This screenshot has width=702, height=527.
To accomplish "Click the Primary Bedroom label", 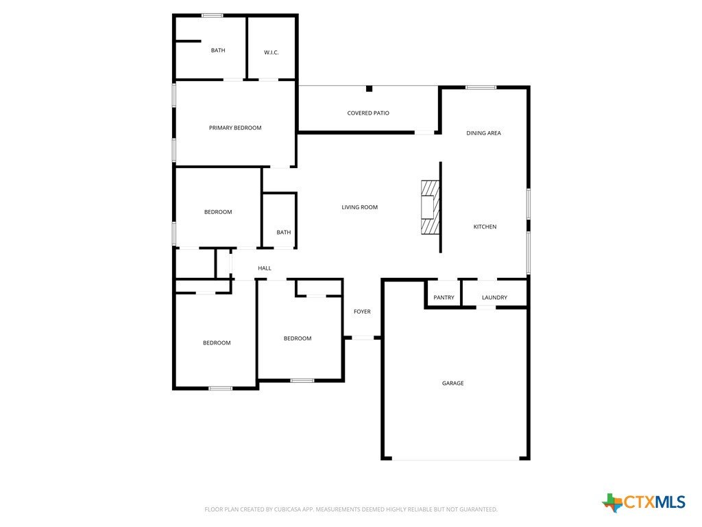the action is click(x=235, y=128).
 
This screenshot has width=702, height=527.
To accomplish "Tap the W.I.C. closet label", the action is click(x=271, y=52).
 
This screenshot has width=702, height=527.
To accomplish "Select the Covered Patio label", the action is click(x=368, y=113).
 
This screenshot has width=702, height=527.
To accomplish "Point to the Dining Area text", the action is click(x=483, y=133).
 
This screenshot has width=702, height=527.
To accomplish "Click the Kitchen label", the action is click(x=485, y=226).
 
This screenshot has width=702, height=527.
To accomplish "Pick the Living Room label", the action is click(x=359, y=207).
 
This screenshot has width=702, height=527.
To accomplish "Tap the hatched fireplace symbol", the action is click(x=431, y=207).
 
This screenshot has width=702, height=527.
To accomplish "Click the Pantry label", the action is click(x=444, y=298).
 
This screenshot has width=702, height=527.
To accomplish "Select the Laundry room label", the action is click(x=494, y=298).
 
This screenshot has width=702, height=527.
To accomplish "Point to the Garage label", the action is click(x=452, y=383).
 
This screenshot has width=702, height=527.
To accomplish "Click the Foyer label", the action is click(x=362, y=312).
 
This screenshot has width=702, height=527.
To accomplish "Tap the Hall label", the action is click(x=265, y=268).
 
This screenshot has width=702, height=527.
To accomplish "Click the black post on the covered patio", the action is click(x=369, y=89).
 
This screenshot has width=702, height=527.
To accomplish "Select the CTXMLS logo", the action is click(x=644, y=502).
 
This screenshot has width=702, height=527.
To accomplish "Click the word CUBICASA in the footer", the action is click(x=287, y=510).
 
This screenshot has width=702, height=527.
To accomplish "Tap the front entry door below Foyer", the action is click(x=363, y=338).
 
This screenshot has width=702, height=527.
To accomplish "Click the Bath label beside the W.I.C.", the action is click(x=218, y=50).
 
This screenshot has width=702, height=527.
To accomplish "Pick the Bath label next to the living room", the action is click(x=283, y=232).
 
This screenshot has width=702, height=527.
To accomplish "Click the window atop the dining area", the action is click(x=481, y=87).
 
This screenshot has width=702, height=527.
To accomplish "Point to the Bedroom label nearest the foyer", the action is click(x=298, y=338).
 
